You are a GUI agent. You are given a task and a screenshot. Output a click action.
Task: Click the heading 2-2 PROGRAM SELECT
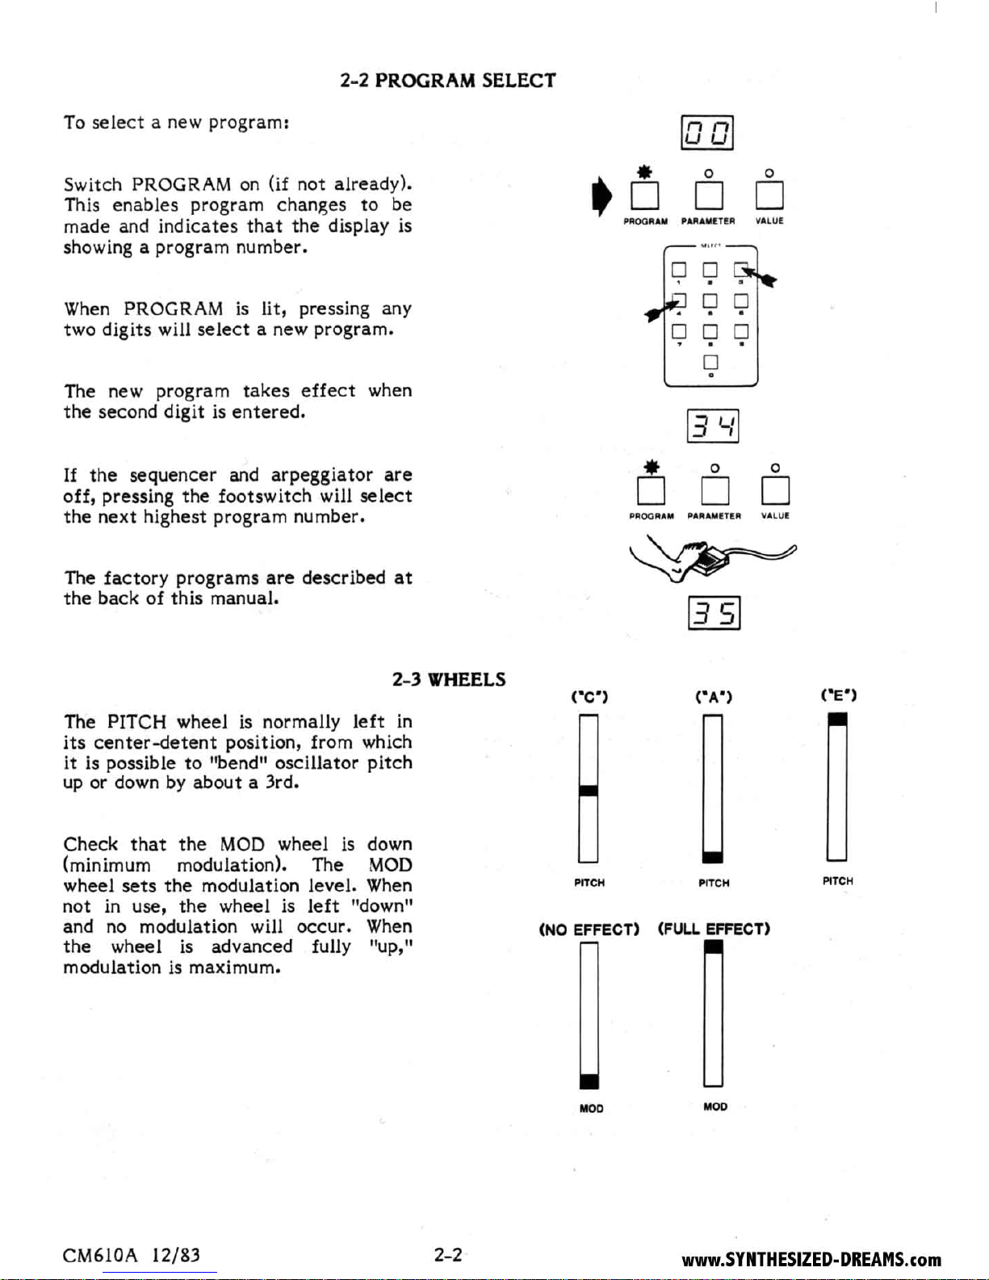click(447, 81)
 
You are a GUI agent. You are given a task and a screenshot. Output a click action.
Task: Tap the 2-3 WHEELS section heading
click(449, 679)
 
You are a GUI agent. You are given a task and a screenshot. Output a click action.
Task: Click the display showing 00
click(707, 133)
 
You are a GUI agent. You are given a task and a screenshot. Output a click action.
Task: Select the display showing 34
click(713, 426)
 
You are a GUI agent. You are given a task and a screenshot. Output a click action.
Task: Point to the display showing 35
click(714, 614)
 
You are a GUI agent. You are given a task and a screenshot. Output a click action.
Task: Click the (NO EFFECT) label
click(589, 930)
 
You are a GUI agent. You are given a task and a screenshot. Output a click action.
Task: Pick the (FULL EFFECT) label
click(714, 929)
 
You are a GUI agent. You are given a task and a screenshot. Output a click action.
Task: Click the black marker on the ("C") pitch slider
click(589, 791)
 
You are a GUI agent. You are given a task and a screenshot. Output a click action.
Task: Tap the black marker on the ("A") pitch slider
click(713, 857)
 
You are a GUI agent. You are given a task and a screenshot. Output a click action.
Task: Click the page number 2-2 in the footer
click(448, 1255)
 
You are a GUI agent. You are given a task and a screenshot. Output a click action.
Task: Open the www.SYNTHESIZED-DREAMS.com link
click(811, 1260)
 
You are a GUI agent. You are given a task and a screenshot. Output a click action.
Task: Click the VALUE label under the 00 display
click(769, 221)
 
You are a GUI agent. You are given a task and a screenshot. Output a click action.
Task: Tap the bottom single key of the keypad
click(710, 362)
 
